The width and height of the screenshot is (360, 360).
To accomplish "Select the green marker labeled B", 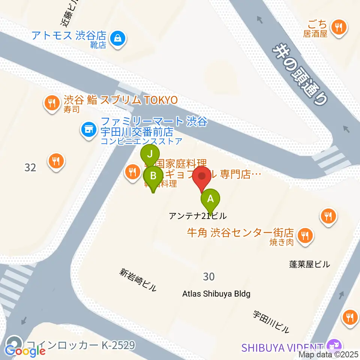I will [153, 175].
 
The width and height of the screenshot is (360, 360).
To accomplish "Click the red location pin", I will [203, 177].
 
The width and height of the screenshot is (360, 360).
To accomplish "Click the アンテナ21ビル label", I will [198, 216].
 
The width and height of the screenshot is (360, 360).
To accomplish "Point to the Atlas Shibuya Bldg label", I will [216, 294].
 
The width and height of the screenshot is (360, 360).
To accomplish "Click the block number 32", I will [30, 167].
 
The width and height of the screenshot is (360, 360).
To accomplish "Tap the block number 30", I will [208, 276].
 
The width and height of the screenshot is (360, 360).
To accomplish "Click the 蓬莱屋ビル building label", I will [309, 264].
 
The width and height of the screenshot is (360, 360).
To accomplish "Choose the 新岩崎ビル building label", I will [138, 280].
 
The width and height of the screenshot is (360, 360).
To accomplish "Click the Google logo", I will [25, 351].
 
